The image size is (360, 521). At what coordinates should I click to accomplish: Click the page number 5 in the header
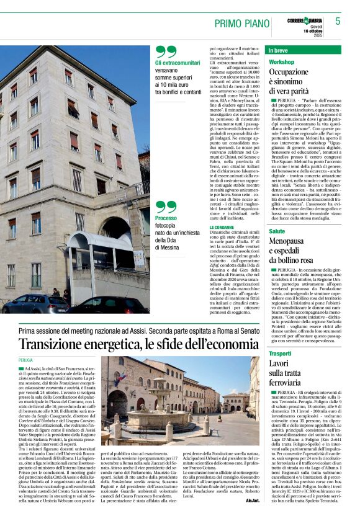[338, 21]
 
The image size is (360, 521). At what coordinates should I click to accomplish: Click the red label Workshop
[281, 63]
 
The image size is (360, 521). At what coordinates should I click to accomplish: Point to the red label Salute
[277, 231]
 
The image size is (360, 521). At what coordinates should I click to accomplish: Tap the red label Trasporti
[280, 354]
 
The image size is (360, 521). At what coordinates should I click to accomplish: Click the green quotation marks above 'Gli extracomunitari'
[166, 51]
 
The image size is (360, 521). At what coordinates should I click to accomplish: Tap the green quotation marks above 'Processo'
[166, 207]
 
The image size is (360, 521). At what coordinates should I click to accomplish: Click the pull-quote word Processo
[166, 218]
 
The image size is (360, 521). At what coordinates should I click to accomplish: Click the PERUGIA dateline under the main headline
[25, 360]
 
